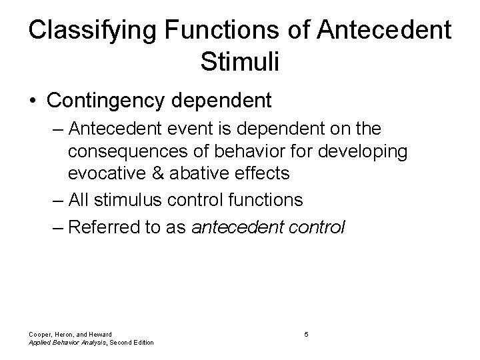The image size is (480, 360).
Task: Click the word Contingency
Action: [x=107, y=101]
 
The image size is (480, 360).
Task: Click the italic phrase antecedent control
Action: [x=268, y=227]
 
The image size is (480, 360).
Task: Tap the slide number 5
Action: [x=305, y=333]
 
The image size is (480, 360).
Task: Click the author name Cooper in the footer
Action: [x=39, y=333]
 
